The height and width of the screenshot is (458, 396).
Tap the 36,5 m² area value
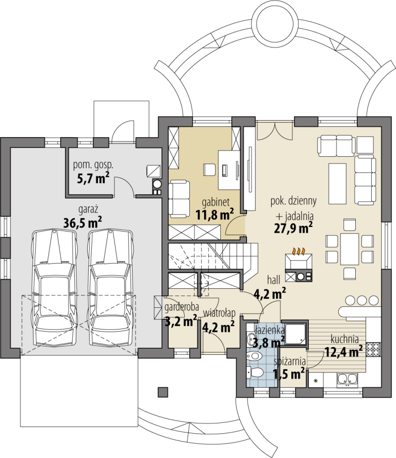[x=82, y=223]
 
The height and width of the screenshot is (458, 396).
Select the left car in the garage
[x=54, y=288]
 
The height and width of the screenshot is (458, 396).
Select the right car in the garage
[x=110, y=288]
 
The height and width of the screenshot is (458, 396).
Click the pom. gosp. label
[x=93, y=166]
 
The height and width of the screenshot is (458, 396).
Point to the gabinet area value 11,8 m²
[x=214, y=215]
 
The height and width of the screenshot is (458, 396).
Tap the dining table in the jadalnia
[x=350, y=249]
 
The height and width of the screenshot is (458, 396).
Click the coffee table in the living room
[x=337, y=184]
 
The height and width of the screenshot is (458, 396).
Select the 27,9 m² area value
[x=293, y=227]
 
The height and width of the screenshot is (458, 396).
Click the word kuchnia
[x=344, y=339]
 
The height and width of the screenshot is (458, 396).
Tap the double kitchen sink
[x=348, y=379]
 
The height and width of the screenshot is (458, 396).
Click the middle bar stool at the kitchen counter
[x=361, y=300]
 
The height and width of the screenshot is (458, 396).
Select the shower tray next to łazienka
[x=296, y=334]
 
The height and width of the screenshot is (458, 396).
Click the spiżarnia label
[x=290, y=362]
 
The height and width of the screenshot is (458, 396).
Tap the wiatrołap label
[x=219, y=313]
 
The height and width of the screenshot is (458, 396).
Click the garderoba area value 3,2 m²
[x=181, y=322]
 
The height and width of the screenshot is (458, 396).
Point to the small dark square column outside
[x=163, y=392]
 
